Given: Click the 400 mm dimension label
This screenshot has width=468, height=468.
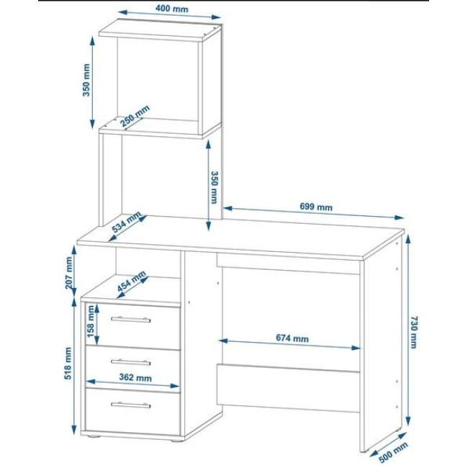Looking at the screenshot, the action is [x=171, y=9].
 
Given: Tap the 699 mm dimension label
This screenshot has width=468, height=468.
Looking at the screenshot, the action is [x=316, y=207].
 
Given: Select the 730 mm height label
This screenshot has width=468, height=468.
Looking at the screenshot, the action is [x=413, y=332].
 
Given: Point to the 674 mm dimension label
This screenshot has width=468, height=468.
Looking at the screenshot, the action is [x=292, y=338].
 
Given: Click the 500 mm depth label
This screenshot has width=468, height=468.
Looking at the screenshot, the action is [x=393, y=452].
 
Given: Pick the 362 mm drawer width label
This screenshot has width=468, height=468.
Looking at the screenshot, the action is [x=135, y=377].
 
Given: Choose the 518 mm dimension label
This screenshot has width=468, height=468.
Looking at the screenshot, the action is [x=68, y=363].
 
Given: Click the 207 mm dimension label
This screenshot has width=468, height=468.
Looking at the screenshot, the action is [x=69, y=273].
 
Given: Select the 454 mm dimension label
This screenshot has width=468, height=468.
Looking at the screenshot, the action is [x=131, y=281].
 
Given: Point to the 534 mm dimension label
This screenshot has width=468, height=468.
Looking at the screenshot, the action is [x=126, y=222].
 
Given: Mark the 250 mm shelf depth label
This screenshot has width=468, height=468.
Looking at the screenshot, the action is [x=135, y=116].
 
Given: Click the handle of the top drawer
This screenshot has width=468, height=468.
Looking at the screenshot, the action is [x=131, y=320].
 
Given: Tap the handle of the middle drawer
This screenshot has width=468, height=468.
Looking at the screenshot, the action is [x=131, y=362].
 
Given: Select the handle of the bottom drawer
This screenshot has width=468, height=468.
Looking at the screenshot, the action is [x=131, y=405].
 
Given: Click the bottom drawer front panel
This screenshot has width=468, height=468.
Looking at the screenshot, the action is [x=133, y=412].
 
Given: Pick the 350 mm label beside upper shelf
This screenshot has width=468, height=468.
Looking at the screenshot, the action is [x=86, y=80].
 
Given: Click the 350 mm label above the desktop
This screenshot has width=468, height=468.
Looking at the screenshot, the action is [x=214, y=187].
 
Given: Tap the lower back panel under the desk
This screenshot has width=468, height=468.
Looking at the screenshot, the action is [x=288, y=388].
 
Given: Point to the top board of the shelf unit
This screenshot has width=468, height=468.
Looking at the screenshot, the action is [x=160, y=30].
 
